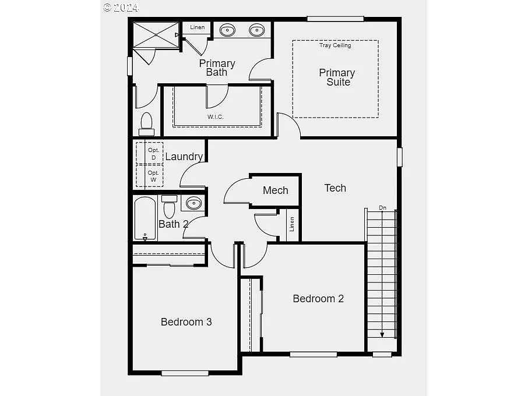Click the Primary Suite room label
pyautogui.click(x=337, y=77)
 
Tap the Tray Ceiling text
pyautogui.click(x=335, y=45)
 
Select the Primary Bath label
pyautogui.click(x=217, y=68)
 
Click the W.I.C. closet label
pyautogui.click(x=216, y=117)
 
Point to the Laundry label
pyautogui.click(x=184, y=157)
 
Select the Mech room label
pyautogui.click(x=275, y=190)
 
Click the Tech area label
pyautogui.click(x=335, y=188)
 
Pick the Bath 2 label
pyautogui.click(x=174, y=224)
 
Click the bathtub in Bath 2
pyautogui.click(x=145, y=218)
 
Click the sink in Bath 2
pyautogui.click(x=193, y=203)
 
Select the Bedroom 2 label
pyautogui.click(x=318, y=299)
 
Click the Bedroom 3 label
pyautogui.click(x=186, y=321)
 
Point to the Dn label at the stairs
pyautogui.click(x=382, y=207)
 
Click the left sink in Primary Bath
pyautogui.click(x=227, y=30)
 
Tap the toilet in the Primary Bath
pyautogui.click(x=146, y=123)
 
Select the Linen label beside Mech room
pyautogui.click(x=292, y=224)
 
